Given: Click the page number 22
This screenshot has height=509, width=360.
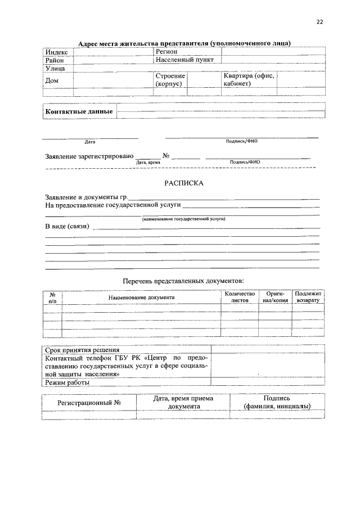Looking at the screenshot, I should (321, 22).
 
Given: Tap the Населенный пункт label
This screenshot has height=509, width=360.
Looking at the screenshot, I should (184, 60).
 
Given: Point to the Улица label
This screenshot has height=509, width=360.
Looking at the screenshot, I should (56, 68).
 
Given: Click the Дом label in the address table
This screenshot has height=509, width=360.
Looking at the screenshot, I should (52, 80).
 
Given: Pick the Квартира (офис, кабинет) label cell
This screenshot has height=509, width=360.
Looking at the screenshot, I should (249, 80).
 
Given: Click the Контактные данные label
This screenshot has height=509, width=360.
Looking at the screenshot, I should (79, 111).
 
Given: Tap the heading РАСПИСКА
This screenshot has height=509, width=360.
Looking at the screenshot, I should (183, 183).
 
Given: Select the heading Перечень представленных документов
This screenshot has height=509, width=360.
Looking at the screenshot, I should (183, 280).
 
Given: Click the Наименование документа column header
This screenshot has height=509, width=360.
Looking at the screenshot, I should (142, 297).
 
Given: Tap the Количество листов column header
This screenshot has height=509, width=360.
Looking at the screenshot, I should (240, 297).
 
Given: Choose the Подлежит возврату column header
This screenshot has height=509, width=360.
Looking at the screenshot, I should (308, 297).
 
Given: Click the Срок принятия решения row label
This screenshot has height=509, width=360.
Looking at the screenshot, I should (82, 349).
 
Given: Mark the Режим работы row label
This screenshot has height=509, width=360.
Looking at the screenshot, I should (66, 383).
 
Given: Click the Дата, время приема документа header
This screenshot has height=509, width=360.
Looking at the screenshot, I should (183, 403).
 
